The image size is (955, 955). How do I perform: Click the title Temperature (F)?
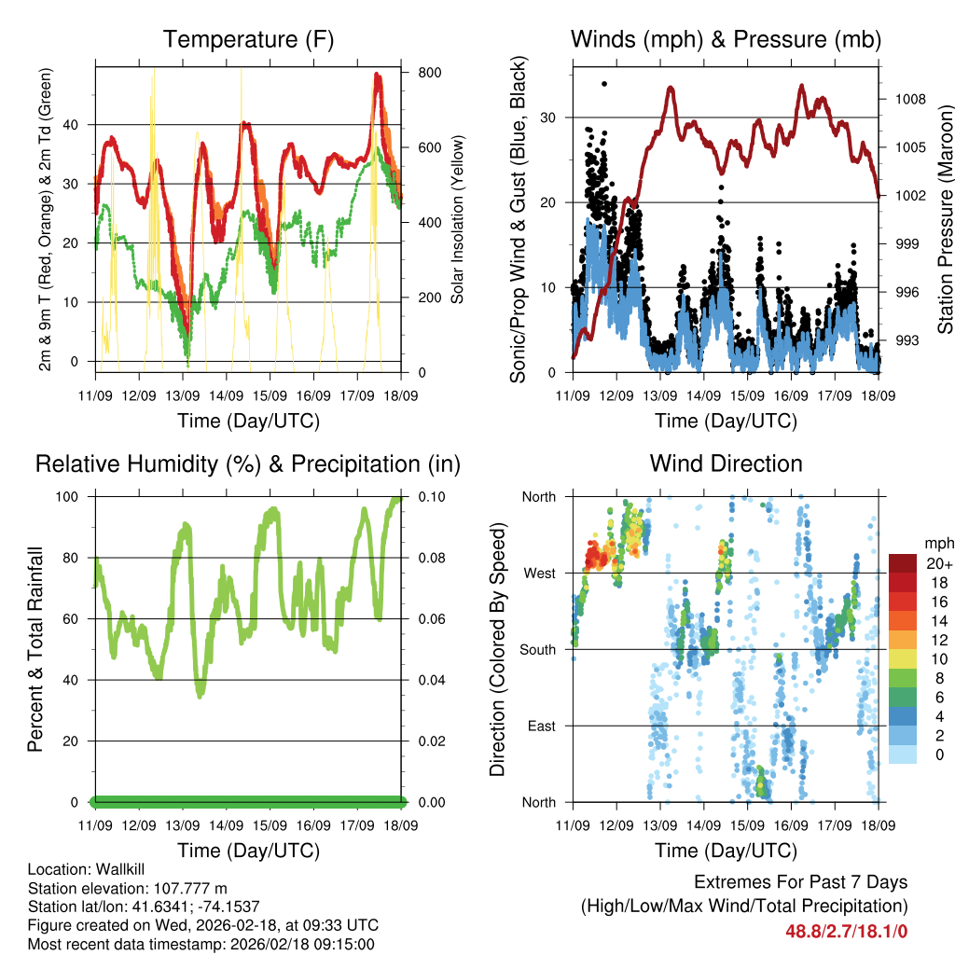248,40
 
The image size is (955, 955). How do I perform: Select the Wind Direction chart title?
726,464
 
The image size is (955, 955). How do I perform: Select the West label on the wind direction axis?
538,573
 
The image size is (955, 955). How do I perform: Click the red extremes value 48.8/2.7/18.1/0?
847,931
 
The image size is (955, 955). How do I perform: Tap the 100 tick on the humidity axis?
73,496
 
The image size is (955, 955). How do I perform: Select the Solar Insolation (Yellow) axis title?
458,220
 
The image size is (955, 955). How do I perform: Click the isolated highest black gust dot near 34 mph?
604,84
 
